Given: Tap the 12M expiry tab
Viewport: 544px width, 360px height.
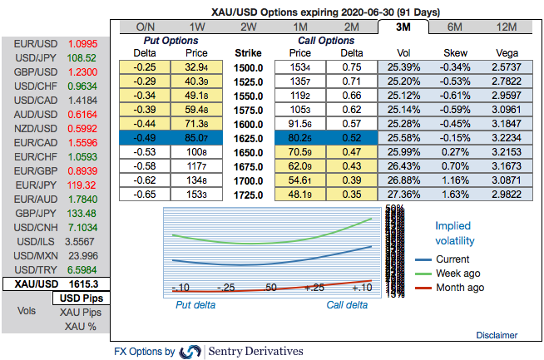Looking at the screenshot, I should point(505,27).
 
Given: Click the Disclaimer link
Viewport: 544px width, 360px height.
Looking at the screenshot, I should point(497,334).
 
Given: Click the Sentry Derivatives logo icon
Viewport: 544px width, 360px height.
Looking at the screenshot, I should point(190,351).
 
